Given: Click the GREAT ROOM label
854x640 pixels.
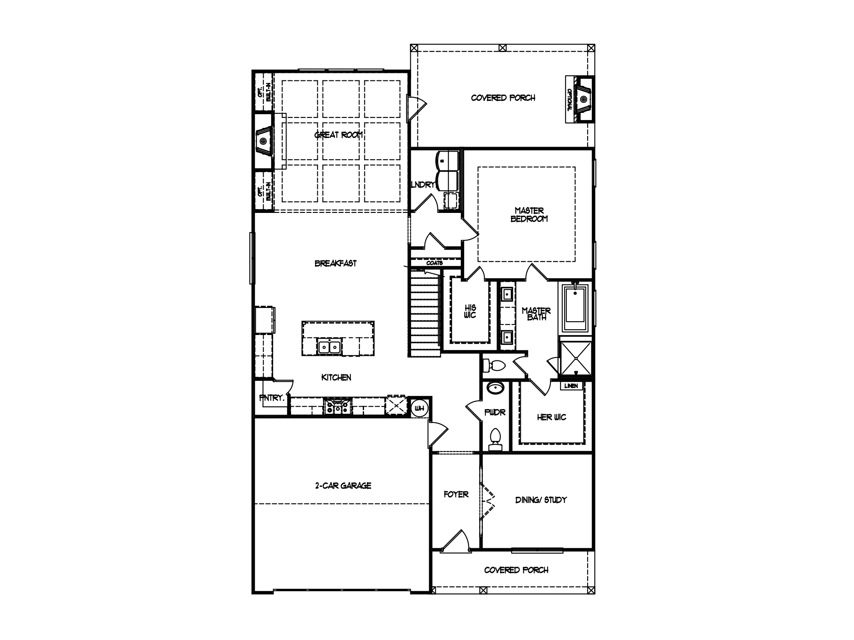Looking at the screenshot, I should tap(339, 135).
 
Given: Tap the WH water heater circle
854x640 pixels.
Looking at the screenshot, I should tap(419, 408).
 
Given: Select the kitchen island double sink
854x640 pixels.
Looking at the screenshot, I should tap(329, 347).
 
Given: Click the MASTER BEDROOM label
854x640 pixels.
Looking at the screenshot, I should tap(529, 215).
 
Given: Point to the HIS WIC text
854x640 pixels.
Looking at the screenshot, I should tap(470, 311).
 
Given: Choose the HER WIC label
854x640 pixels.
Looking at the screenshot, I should tap(551, 417).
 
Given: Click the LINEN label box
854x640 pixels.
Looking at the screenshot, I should tap(571, 386).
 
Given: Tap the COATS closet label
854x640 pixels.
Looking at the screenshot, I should tap(434, 263).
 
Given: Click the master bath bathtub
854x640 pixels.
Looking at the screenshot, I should tap(575, 309).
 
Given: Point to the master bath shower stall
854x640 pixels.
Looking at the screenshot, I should tap(575, 358).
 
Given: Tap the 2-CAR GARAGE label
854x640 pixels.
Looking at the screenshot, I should tap(343, 485).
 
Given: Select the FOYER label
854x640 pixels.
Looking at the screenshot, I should tap(456, 495).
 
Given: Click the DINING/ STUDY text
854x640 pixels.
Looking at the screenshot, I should tap(541, 500).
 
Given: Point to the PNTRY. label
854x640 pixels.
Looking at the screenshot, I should tap(271, 398).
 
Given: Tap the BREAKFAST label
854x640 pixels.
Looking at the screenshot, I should tap(335, 263).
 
